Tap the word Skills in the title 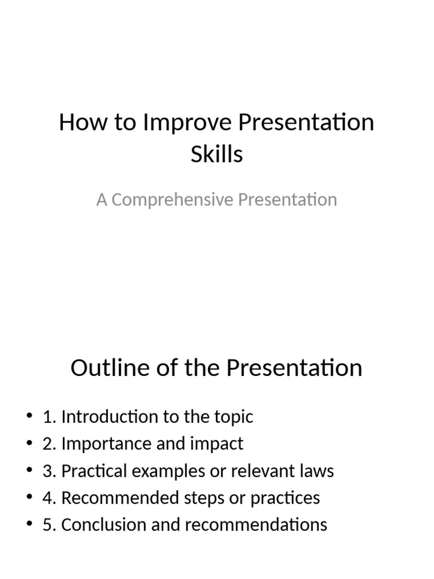tap(216, 154)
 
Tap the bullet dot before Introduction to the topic tap(29, 417)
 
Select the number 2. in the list tap(49, 444)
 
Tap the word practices tap(286, 498)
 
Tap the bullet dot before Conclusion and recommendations tap(29, 525)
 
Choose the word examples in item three tap(164, 471)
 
